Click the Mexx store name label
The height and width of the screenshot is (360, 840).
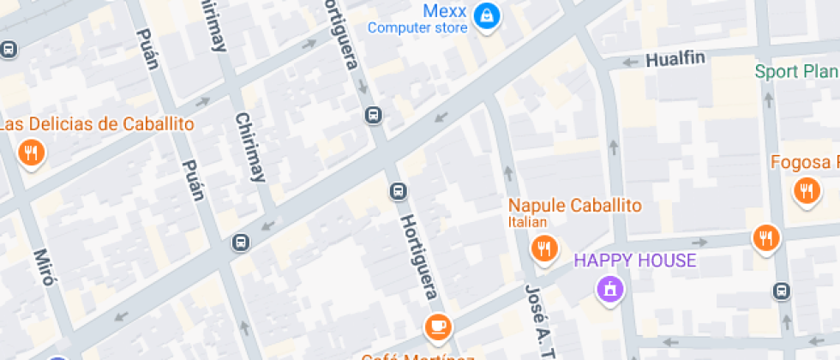tap(445, 11)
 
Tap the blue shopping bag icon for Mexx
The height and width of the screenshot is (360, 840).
tap(487, 15)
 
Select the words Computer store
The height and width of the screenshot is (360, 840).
tap(417, 28)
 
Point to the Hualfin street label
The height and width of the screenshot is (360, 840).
tap(675, 60)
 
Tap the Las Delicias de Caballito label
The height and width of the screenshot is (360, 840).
tap(96, 124)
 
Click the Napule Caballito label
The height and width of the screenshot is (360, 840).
tap(574, 206)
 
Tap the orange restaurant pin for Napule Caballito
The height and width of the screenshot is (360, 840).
tap(543, 249)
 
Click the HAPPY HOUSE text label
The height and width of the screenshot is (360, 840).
tap(634, 260)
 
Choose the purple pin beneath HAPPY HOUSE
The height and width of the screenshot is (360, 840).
tap(609, 289)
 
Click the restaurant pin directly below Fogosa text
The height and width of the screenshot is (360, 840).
tap(807, 190)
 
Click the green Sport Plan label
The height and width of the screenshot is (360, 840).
tap(796, 71)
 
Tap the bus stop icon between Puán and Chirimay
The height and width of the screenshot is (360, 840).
tap(242, 243)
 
